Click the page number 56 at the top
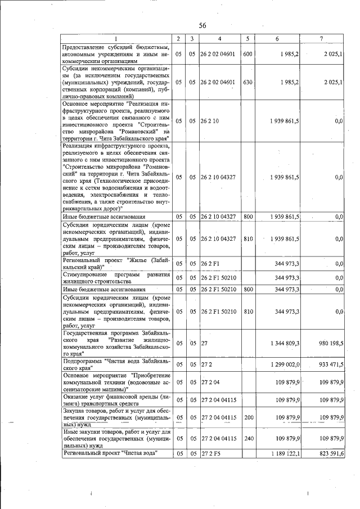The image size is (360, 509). pos(203,25)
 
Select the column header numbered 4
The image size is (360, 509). pos(219,39)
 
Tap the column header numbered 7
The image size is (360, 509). pos(321,39)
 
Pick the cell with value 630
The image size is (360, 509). pos(246,82)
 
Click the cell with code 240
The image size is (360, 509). pos(246,438)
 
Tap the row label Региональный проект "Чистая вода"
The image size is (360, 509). pos(110,453)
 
